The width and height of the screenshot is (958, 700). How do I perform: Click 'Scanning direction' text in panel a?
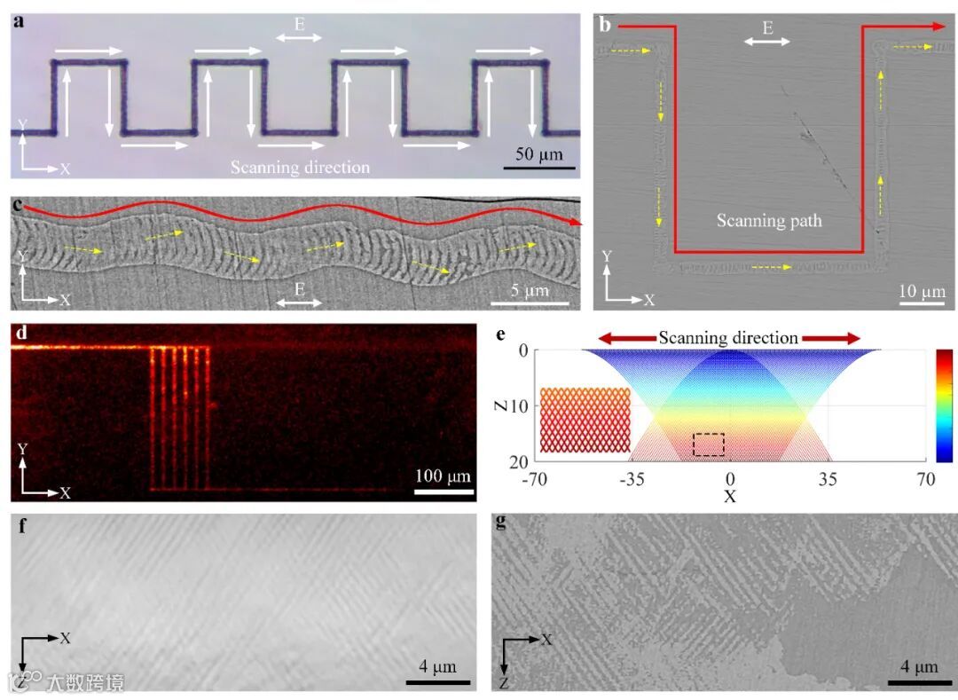click(x=300, y=166)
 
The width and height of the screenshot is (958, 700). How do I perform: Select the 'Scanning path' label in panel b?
click(x=769, y=221)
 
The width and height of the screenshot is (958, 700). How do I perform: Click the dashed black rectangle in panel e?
click(x=708, y=444)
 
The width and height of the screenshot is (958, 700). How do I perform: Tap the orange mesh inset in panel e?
click(x=585, y=420)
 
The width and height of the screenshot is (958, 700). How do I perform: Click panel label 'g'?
click(x=501, y=522)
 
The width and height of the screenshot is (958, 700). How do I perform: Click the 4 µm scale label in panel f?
click(x=437, y=665)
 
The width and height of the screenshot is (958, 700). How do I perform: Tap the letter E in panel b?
click(x=767, y=28)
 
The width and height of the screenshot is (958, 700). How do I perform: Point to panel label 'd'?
click(x=20, y=334)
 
